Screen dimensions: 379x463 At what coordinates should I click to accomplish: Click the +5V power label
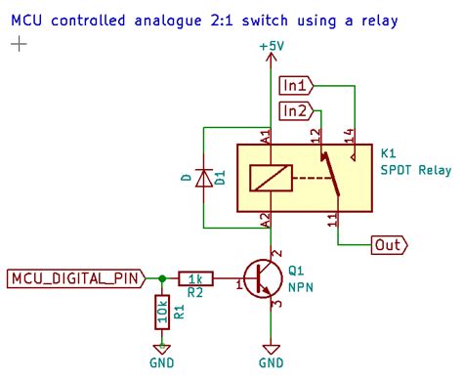point(271,46)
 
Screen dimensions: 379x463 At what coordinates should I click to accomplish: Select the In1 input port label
point(297,84)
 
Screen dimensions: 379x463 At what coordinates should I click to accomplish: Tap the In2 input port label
point(297,111)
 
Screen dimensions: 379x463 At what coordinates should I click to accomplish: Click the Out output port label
point(390,245)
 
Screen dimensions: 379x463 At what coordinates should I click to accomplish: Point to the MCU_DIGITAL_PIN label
point(74,278)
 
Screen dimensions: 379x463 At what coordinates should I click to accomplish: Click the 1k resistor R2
point(195,278)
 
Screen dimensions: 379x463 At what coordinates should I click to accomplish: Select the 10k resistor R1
point(162,313)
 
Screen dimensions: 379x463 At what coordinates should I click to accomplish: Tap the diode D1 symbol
point(204,178)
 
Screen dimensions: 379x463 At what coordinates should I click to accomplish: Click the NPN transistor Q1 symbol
point(262,279)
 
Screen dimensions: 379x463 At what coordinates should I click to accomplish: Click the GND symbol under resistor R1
point(162,350)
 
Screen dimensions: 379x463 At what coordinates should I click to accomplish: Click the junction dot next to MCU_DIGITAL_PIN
point(162,278)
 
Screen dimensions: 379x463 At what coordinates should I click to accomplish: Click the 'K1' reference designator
point(388,154)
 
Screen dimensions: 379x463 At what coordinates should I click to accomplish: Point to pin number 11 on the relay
point(332,221)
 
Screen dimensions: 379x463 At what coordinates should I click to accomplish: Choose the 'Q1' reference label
point(298,271)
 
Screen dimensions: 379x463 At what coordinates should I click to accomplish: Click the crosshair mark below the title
point(19,45)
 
